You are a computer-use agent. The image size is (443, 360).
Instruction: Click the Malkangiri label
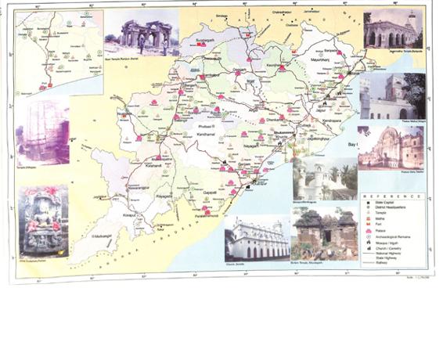pos(103,236)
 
